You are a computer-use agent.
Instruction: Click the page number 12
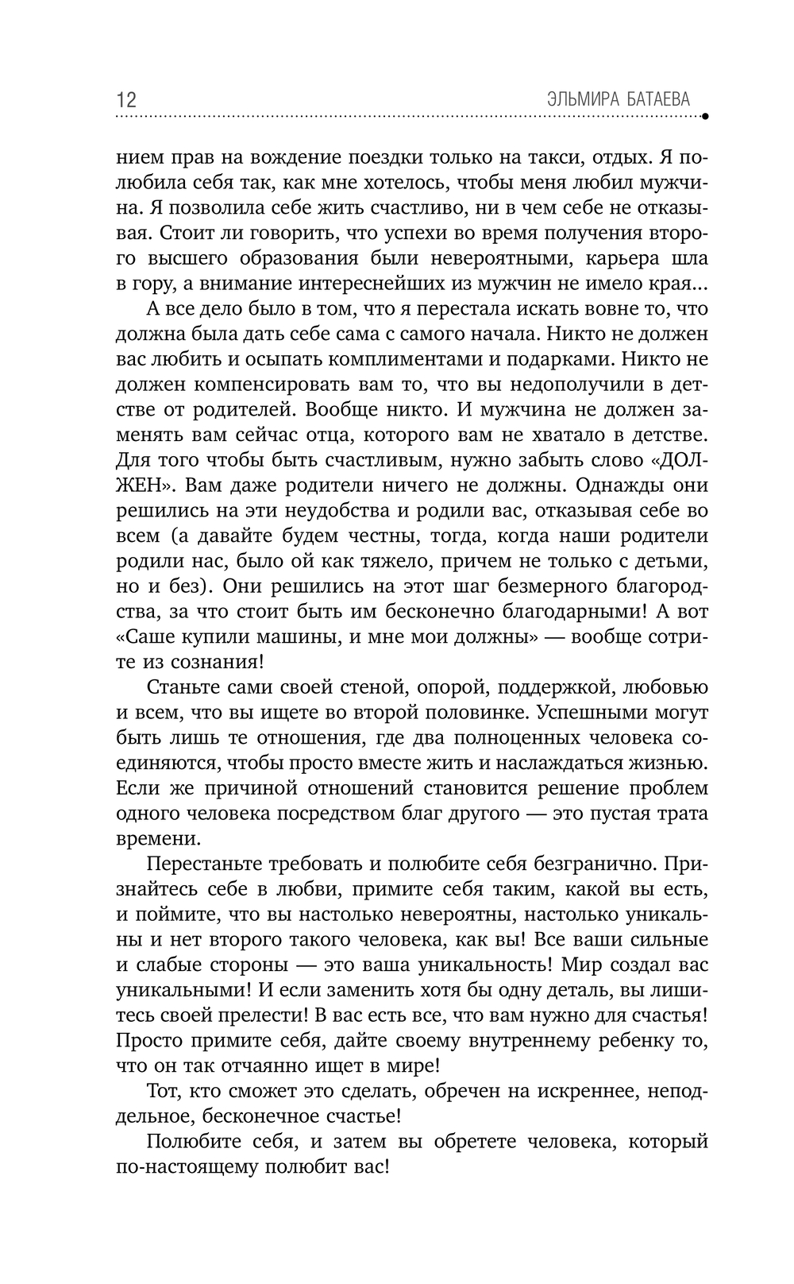tap(126, 100)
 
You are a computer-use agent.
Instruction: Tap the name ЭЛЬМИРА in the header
tap(585, 99)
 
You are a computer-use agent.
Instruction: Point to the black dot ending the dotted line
tap(705, 116)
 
